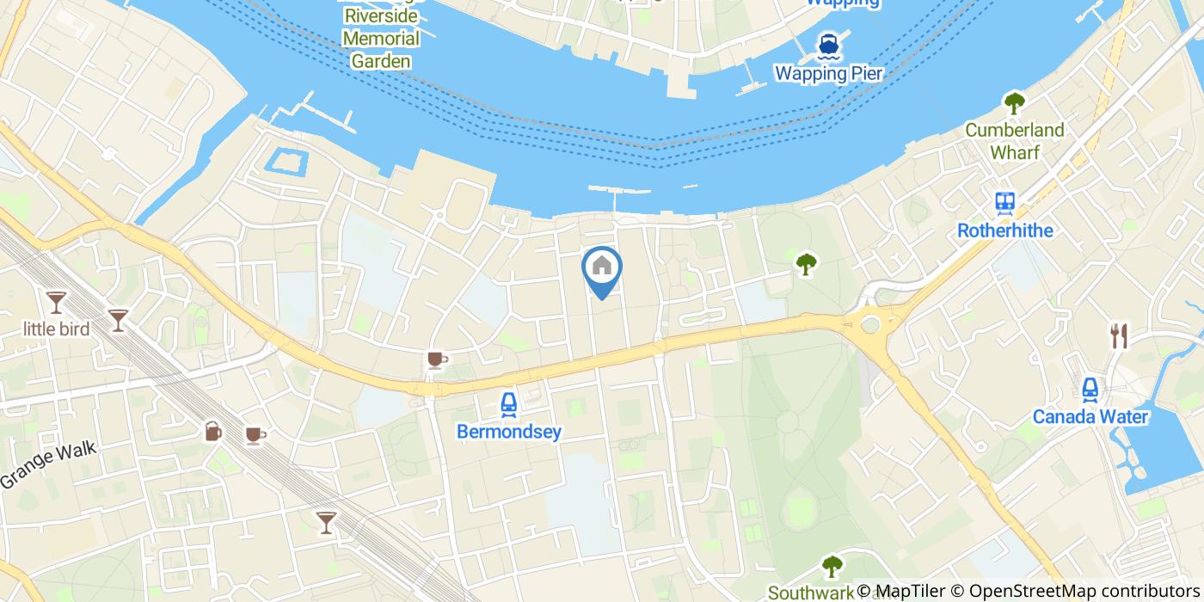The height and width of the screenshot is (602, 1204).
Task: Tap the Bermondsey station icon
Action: point(508,403)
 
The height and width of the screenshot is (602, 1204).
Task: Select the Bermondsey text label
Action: point(509,431)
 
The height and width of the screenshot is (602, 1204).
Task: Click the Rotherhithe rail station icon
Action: point(1004,203)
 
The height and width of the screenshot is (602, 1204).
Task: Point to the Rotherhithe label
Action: point(1004,230)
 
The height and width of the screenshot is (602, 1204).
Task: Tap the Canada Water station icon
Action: point(1090,390)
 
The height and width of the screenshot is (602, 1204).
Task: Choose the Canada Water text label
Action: point(1090,417)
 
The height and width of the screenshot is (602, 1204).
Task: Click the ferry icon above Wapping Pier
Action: point(828,44)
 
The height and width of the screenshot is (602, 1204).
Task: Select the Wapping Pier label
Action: point(828,73)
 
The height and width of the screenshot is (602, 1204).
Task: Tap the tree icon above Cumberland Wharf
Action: point(1015,103)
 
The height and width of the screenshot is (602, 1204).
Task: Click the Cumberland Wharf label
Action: point(1014,141)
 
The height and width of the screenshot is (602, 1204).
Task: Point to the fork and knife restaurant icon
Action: point(1118,335)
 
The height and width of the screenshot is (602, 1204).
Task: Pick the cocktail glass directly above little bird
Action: point(57,301)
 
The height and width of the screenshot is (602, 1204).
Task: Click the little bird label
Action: point(57,328)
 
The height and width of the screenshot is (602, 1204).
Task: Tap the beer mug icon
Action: point(212,432)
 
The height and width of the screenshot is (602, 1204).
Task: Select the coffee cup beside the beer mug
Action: point(254,435)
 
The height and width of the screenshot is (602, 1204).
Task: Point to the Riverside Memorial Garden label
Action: point(381,39)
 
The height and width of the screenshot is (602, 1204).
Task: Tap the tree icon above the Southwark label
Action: point(832,566)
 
